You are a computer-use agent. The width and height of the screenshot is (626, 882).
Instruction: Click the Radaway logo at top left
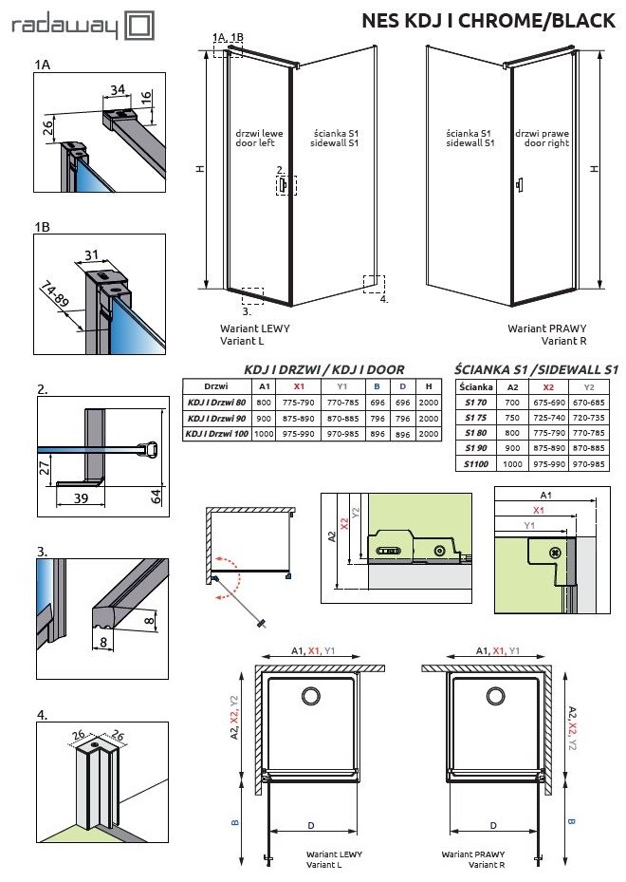[81, 26]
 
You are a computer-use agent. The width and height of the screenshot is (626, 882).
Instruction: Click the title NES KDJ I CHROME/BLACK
[488, 22]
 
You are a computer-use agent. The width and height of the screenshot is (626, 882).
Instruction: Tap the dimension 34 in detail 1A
[118, 89]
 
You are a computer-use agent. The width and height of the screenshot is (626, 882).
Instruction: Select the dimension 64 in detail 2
[155, 496]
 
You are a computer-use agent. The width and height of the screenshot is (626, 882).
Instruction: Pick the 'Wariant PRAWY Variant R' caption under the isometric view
[542, 334]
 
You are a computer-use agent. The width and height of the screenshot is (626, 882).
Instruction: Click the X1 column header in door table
[300, 386]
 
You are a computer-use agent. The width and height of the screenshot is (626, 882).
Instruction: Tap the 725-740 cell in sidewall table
[552, 417]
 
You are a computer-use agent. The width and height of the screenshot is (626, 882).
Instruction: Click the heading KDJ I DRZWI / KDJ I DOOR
[324, 368]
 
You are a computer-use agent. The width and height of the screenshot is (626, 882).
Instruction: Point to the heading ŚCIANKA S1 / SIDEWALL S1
[536, 368]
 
